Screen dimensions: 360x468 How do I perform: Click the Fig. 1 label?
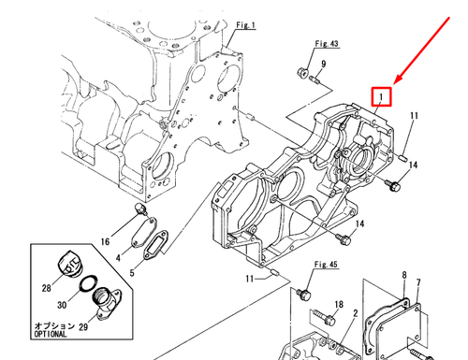246,25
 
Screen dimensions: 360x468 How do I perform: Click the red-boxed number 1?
382,95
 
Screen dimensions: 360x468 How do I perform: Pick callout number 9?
323,64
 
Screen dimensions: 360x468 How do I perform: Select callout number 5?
132,273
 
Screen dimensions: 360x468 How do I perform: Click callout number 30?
62,304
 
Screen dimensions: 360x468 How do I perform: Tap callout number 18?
339,306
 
